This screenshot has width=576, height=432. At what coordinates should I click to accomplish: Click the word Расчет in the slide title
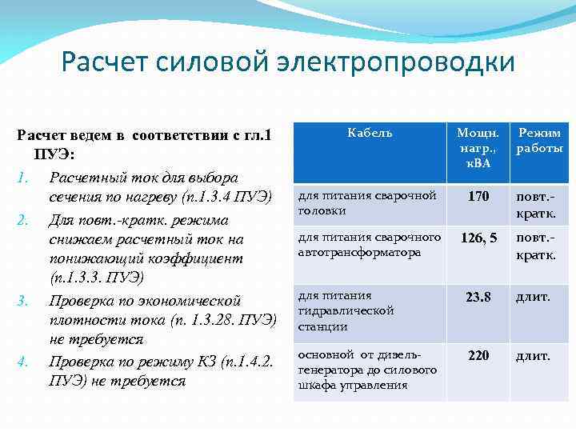point(102,62)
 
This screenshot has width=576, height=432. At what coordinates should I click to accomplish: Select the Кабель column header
point(370,133)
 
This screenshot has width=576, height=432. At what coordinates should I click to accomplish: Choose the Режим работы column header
point(538,141)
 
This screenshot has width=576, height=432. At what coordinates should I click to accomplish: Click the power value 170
point(478,196)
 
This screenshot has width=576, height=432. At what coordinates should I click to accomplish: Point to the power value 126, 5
point(478,238)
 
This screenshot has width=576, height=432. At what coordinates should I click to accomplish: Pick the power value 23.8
point(478,297)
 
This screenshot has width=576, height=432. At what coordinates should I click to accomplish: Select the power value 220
point(478,355)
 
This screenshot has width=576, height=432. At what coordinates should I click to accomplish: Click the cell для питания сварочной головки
point(367,203)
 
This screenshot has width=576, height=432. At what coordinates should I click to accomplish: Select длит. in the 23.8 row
point(533,297)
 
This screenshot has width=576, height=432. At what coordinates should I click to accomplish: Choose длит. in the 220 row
point(533,355)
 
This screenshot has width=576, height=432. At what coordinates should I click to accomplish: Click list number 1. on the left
point(23,176)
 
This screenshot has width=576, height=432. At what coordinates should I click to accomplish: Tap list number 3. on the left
point(23,301)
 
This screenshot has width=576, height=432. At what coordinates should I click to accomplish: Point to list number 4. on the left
point(23,362)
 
